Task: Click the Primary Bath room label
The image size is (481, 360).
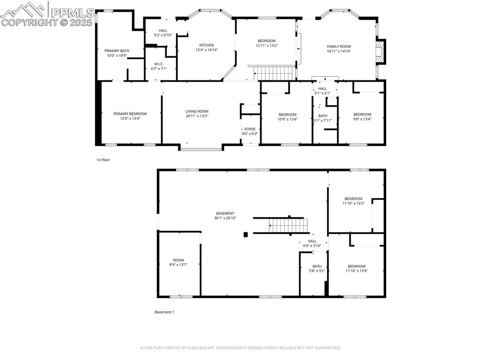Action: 116,51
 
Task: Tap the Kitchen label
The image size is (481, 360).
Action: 206,46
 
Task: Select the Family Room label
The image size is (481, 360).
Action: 339,46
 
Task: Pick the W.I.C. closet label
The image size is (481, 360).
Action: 159,64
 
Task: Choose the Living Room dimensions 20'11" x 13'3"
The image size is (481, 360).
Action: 196,116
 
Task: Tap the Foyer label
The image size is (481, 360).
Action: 249,129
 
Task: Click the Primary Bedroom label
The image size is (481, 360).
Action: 130,114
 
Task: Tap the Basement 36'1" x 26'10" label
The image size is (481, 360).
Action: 225,214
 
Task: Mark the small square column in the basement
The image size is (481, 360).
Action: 246,234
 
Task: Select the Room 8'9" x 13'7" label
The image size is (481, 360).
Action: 178,260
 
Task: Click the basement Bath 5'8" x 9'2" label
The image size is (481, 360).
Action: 317,266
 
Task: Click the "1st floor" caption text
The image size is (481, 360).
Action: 103,160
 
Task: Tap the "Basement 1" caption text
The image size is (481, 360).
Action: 164,312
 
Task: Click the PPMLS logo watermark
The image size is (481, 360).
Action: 47,15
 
